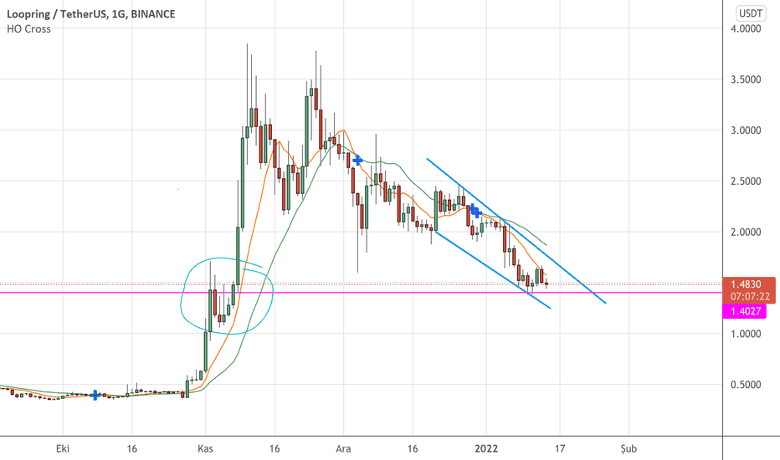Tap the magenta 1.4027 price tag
747,310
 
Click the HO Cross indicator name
30,28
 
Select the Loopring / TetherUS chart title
54,13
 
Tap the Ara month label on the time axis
343,447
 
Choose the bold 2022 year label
485,447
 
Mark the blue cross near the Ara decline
357,159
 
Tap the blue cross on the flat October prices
95,395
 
